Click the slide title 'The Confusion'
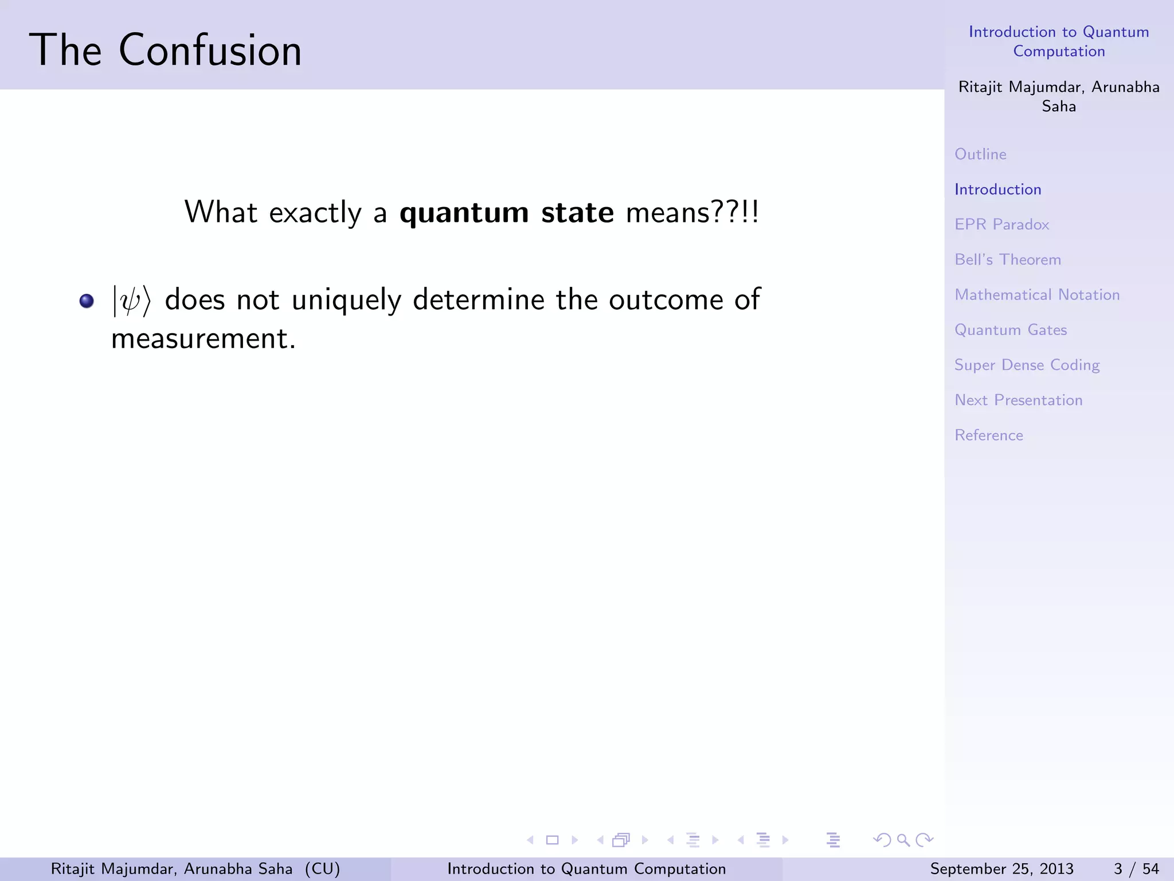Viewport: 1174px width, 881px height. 165,50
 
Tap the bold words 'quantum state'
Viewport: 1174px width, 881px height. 506,213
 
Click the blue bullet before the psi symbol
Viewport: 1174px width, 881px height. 87,301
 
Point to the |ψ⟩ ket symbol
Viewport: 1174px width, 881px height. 131,301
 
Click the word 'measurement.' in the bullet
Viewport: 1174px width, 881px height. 204,338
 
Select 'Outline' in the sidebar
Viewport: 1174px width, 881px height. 980,154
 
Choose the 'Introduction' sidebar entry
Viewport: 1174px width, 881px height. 997,189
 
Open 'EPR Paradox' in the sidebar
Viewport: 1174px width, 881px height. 1001,224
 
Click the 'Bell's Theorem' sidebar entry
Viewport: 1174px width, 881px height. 1007,260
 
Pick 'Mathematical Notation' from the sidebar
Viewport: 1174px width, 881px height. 1036,295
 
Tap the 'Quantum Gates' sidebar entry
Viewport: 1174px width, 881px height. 1010,330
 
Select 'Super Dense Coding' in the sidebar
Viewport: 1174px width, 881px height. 1027,365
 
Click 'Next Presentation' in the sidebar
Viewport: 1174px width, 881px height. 1018,400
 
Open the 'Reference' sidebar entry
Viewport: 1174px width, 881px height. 988,435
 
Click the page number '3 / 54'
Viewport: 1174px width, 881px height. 1136,869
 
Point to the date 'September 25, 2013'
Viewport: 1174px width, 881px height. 1001,869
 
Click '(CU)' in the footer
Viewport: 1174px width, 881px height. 322,869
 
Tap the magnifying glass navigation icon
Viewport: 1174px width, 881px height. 903,840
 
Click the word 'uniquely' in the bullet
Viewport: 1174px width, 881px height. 346,301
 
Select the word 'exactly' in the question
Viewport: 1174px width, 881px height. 315,213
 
